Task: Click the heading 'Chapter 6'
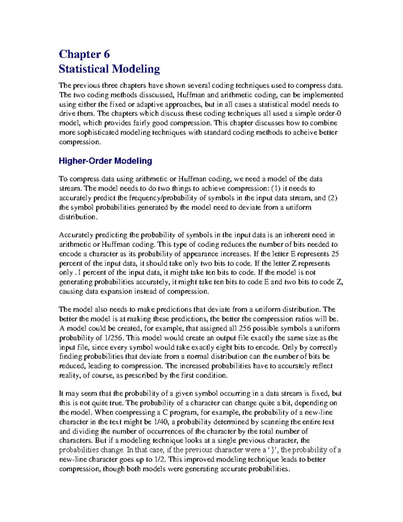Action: tap(84, 54)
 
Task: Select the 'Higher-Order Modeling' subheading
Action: tap(105, 161)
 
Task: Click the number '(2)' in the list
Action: tap(332, 198)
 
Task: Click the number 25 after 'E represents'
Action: tap(335, 254)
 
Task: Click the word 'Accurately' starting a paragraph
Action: tap(76, 235)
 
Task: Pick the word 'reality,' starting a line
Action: tap(70, 375)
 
